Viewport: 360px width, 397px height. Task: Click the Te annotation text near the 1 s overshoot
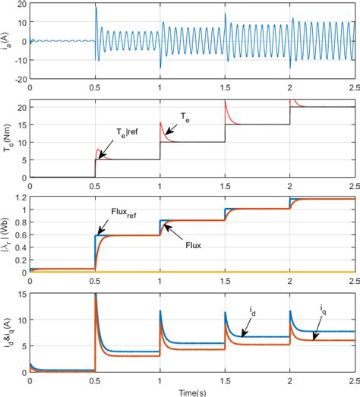tap(185, 116)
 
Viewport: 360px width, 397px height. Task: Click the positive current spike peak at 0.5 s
tap(96, 8)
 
